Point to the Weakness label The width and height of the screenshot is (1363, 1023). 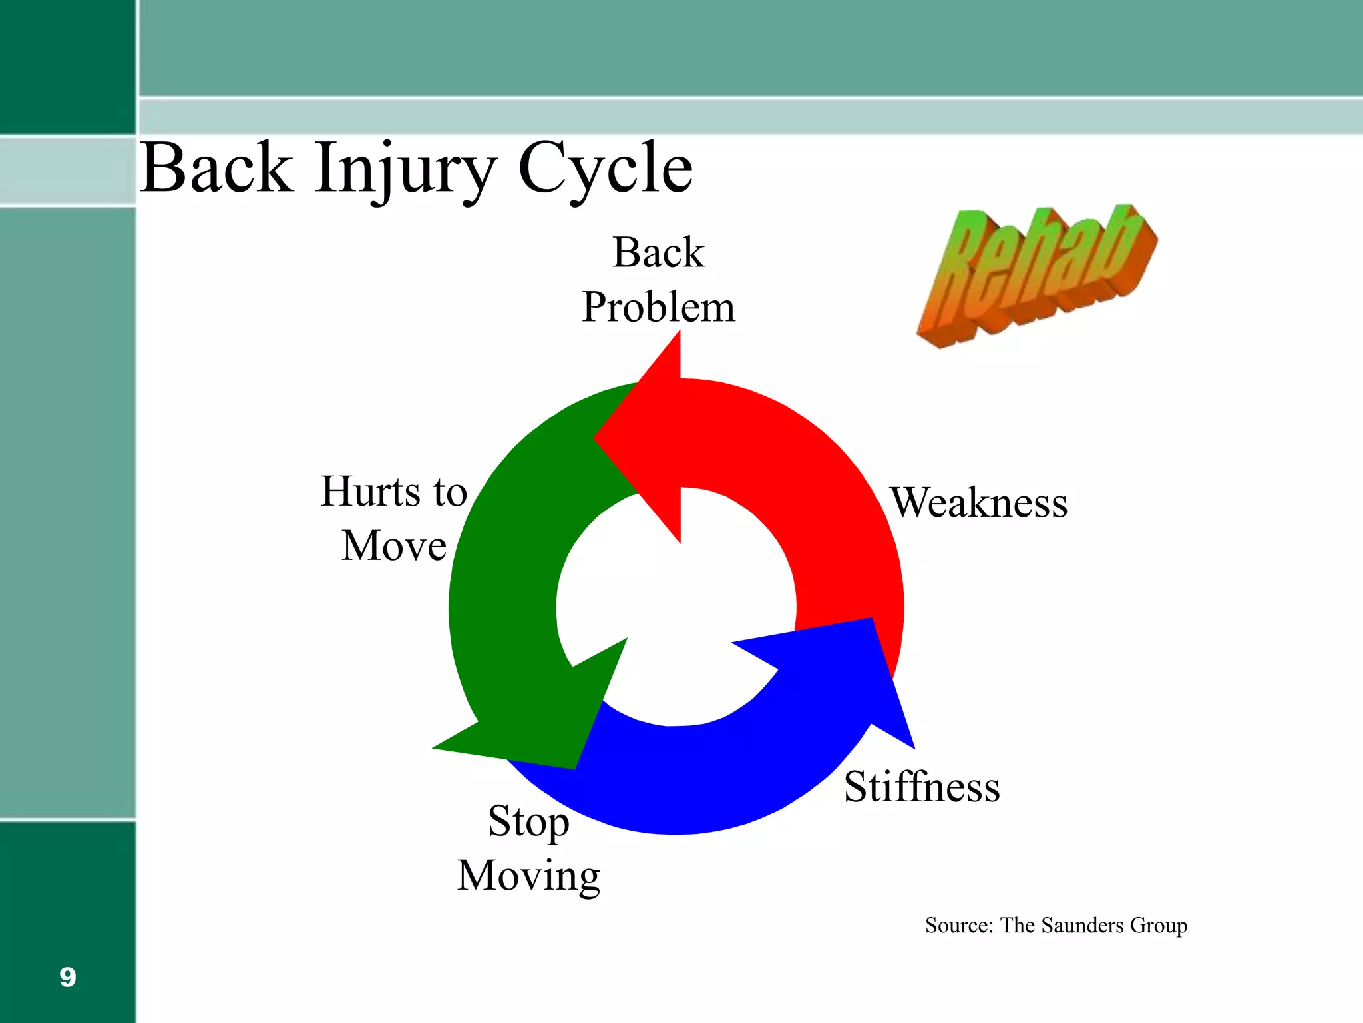coord(979,502)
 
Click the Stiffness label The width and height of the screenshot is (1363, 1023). coord(922,787)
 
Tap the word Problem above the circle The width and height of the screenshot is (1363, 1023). coord(658,307)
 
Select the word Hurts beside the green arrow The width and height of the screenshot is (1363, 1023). coord(371,492)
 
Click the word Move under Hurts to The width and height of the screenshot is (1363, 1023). coord(393,546)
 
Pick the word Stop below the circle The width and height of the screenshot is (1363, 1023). coord(528,821)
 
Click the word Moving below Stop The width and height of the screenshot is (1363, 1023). coord(528,875)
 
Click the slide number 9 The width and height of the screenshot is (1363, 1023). coord(67,977)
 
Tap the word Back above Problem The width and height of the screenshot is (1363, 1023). coord(658,252)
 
